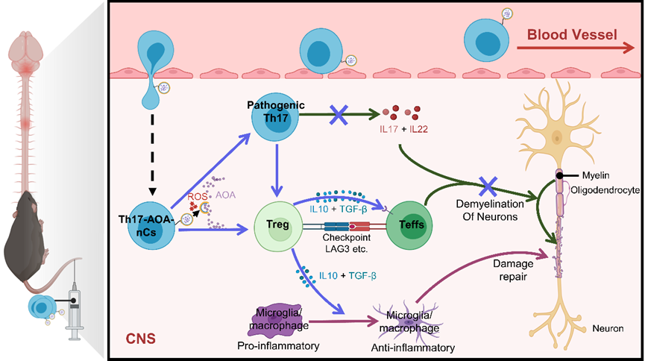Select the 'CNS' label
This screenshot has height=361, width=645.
pos(139,338)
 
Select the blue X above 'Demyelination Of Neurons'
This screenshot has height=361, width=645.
pos(488,183)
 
